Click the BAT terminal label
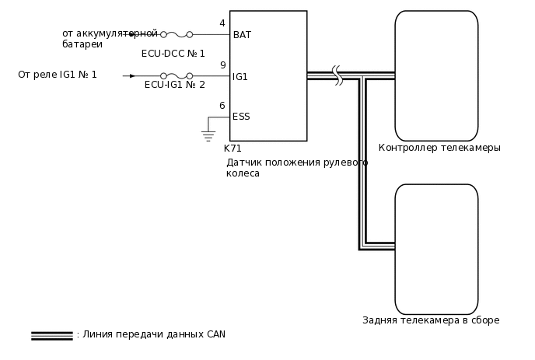(242, 35)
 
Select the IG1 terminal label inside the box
(240, 77)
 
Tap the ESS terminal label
(241, 117)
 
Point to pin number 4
(222, 23)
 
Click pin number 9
(222, 65)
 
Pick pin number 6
(222, 106)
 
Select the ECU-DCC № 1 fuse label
(173, 54)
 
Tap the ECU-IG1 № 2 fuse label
(175, 85)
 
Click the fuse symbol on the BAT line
(177, 35)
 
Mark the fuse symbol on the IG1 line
(177, 76)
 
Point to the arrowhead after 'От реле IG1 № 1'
(131, 75)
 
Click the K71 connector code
(233, 148)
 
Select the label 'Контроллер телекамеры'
(439, 148)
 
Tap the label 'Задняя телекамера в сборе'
(431, 320)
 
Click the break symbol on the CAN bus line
(337, 75)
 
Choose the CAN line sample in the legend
(51, 336)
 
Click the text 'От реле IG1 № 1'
(58, 75)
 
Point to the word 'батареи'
(82, 45)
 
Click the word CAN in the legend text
(215, 334)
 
